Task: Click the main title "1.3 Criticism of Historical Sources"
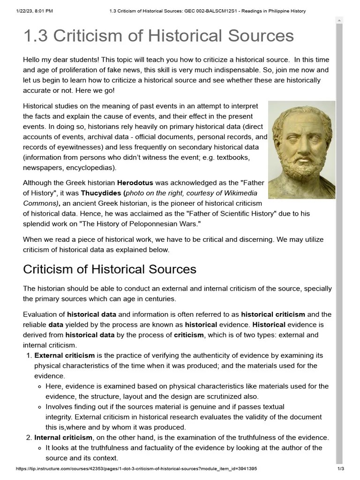(x=158, y=36)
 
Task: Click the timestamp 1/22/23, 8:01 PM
(x=29, y=11)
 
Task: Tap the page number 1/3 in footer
(x=341, y=468)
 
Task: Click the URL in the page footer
(x=136, y=468)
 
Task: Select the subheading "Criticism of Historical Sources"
(x=110, y=270)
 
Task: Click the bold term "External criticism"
(x=64, y=355)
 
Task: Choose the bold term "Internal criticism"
(x=63, y=437)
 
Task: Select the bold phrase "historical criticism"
(x=273, y=314)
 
